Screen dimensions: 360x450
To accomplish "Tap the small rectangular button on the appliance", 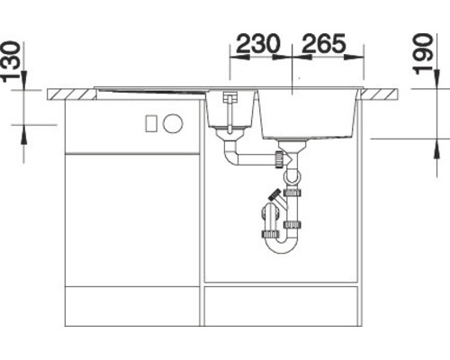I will [x=152, y=121].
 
